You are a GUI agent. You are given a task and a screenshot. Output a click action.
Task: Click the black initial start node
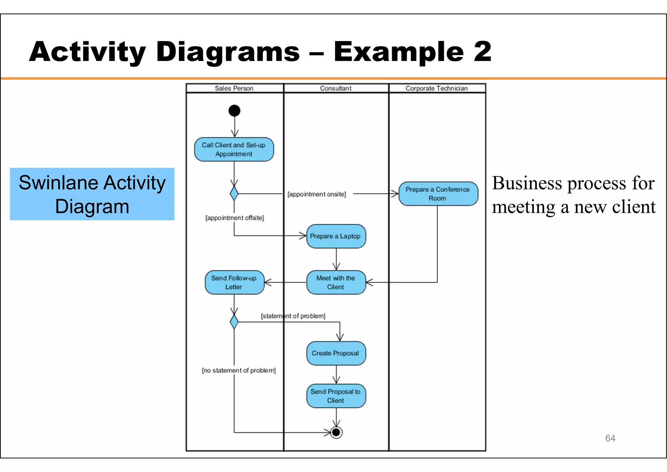click(234, 111)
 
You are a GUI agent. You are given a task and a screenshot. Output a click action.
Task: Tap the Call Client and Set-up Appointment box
click(234, 150)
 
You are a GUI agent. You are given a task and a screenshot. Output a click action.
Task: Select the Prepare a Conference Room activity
click(438, 194)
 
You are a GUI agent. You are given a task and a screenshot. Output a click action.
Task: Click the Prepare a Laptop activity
click(336, 236)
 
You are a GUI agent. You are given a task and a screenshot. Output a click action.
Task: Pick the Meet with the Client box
click(336, 283)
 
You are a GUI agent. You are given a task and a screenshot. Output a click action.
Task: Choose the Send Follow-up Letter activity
click(234, 283)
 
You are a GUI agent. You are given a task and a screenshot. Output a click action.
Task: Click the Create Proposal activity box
click(336, 353)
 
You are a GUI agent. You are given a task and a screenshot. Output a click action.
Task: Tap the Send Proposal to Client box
click(336, 396)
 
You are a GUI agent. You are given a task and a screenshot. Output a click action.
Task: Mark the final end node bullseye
click(336, 433)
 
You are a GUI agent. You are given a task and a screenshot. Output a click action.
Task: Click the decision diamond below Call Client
click(234, 194)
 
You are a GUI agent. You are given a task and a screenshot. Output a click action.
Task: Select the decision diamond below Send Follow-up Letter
click(234, 322)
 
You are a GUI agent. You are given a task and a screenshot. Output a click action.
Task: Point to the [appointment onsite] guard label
click(317, 194)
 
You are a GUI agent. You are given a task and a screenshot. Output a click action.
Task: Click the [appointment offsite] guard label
click(234, 218)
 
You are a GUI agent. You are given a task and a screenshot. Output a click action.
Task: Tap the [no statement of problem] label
click(239, 371)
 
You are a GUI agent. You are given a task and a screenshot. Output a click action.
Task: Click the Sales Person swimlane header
click(234, 88)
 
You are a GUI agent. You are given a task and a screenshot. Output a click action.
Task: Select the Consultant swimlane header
click(336, 88)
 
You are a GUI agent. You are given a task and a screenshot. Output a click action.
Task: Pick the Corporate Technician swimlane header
click(436, 88)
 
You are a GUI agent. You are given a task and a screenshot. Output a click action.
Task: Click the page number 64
click(610, 438)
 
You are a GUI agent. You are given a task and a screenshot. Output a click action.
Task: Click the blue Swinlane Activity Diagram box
click(92, 194)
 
